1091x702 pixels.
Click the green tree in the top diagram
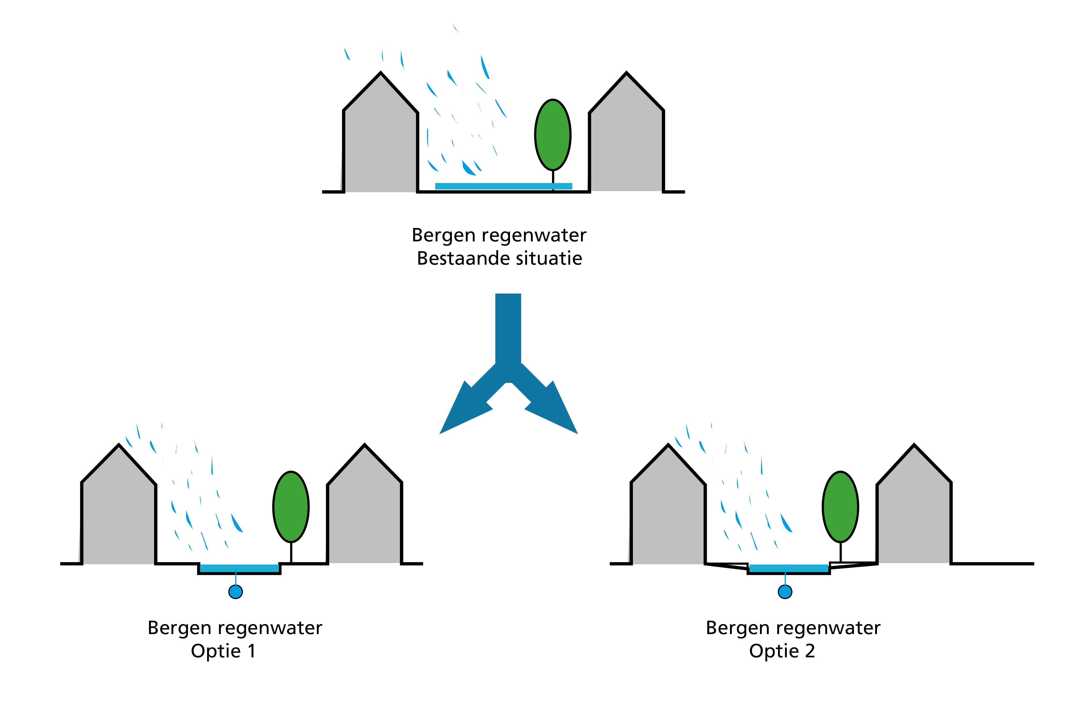[553, 135]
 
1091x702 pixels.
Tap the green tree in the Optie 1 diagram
[291, 507]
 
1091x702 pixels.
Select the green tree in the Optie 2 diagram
[840, 507]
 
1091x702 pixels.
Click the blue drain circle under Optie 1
[236, 592]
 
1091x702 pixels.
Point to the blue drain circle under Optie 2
[785, 592]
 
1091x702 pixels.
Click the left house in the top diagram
[380, 141]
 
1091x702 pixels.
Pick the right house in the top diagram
[626, 141]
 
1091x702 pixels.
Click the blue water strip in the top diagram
[503, 186]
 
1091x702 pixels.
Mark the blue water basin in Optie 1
[239, 568]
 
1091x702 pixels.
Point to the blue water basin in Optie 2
[789, 568]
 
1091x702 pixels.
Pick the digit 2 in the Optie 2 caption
[810, 651]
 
